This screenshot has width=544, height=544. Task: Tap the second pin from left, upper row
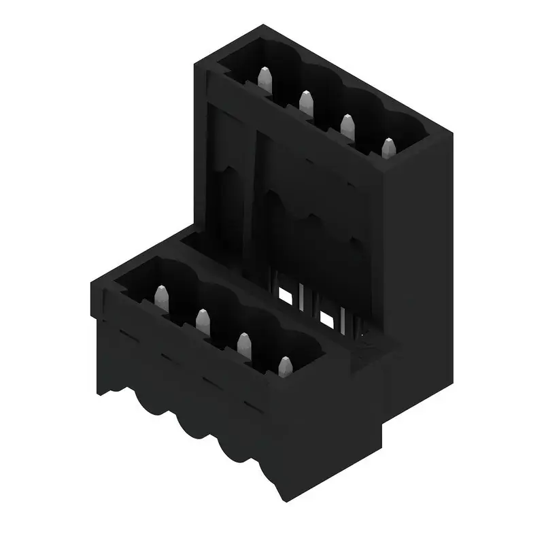click(x=305, y=103)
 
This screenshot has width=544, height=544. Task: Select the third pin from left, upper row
click(x=347, y=125)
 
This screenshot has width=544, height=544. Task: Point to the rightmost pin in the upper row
click(x=388, y=148)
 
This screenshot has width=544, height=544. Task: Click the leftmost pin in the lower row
click(x=161, y=296)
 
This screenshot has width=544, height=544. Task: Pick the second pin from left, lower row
click(x=202, y=320)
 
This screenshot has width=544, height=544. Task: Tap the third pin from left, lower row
click(x=243, y=343)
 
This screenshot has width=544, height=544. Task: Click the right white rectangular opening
click(x=326, y=318)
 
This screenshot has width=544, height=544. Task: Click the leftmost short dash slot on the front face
click(x=125, y=333)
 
